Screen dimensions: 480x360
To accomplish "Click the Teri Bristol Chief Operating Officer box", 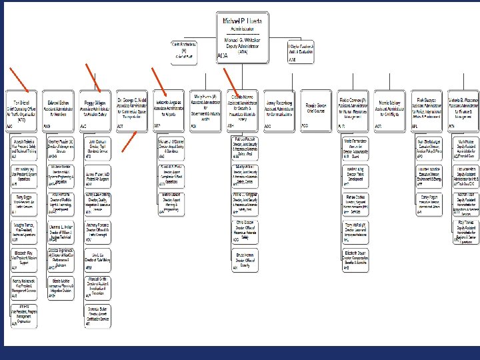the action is point(22,109).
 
